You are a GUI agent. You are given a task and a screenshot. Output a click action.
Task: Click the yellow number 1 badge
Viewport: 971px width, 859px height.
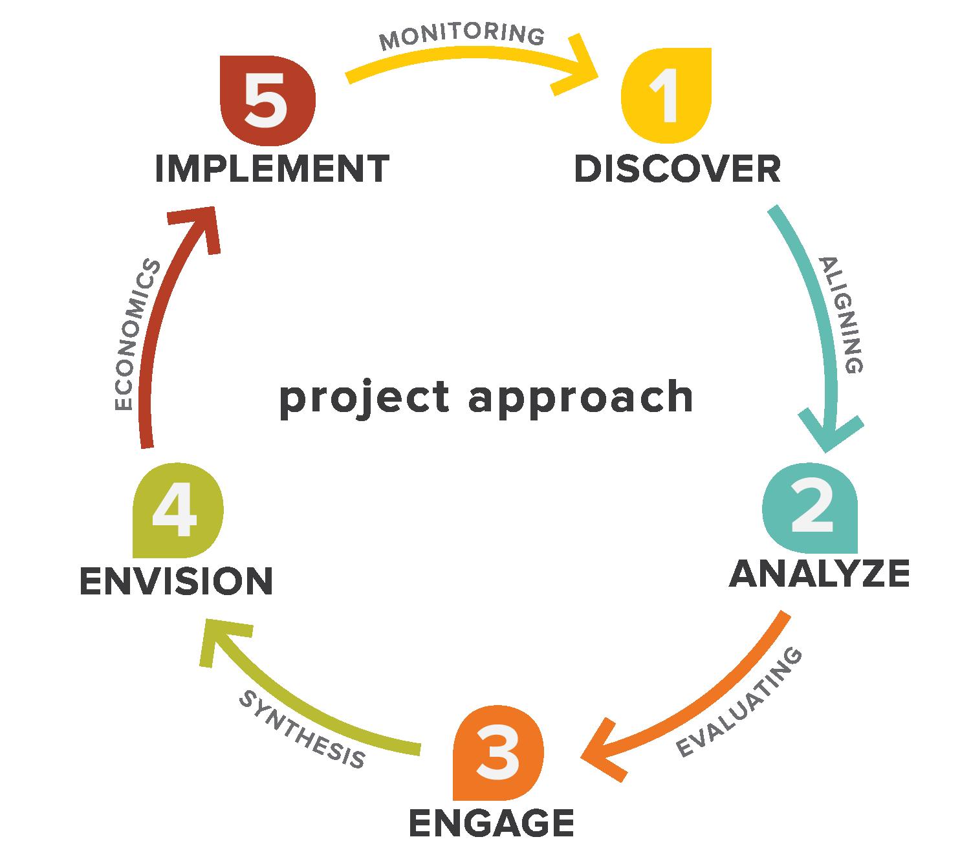click(666, 98)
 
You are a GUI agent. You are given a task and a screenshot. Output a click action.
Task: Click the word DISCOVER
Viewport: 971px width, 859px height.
click(677, 169)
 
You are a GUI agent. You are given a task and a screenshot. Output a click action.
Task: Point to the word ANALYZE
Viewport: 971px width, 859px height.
click(820, 573)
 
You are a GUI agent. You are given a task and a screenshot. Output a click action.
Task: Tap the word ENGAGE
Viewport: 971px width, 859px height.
click(492, 823)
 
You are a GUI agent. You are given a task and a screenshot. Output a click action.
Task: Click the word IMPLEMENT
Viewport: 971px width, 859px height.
click(272, 169)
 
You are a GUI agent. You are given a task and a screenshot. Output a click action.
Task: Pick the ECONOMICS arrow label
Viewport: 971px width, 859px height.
click(136, 334)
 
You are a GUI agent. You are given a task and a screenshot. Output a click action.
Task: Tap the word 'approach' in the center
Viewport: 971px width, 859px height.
click(580, 398)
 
